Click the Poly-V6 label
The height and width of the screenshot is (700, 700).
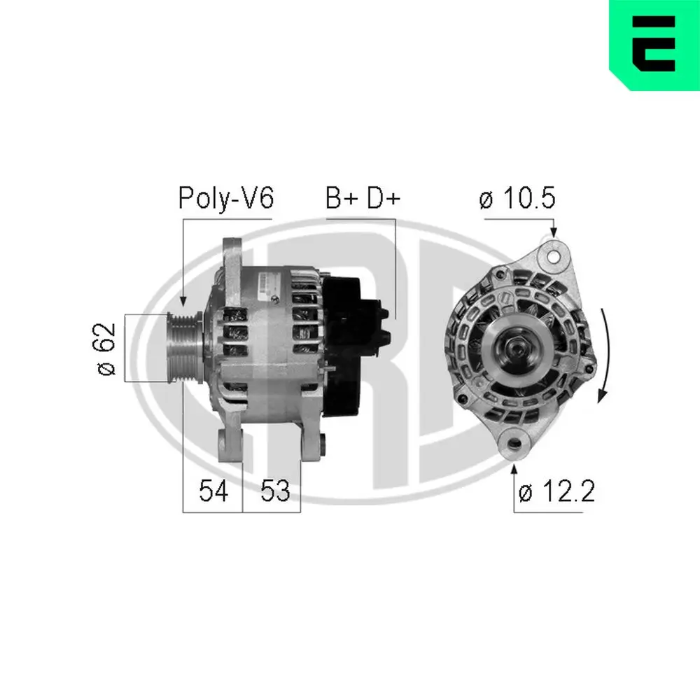click(x=225, y=199)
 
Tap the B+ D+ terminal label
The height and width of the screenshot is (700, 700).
click(x=362, y=199)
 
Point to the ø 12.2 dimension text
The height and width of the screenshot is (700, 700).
click(x=556, y=492)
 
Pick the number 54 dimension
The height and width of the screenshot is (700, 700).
click(x=213, y=491)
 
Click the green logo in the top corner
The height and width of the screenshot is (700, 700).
click(x=654, y=45)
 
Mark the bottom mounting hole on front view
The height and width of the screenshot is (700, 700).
click(x=516, y=444)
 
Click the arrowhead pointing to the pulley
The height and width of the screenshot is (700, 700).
click(x=183, y=301)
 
